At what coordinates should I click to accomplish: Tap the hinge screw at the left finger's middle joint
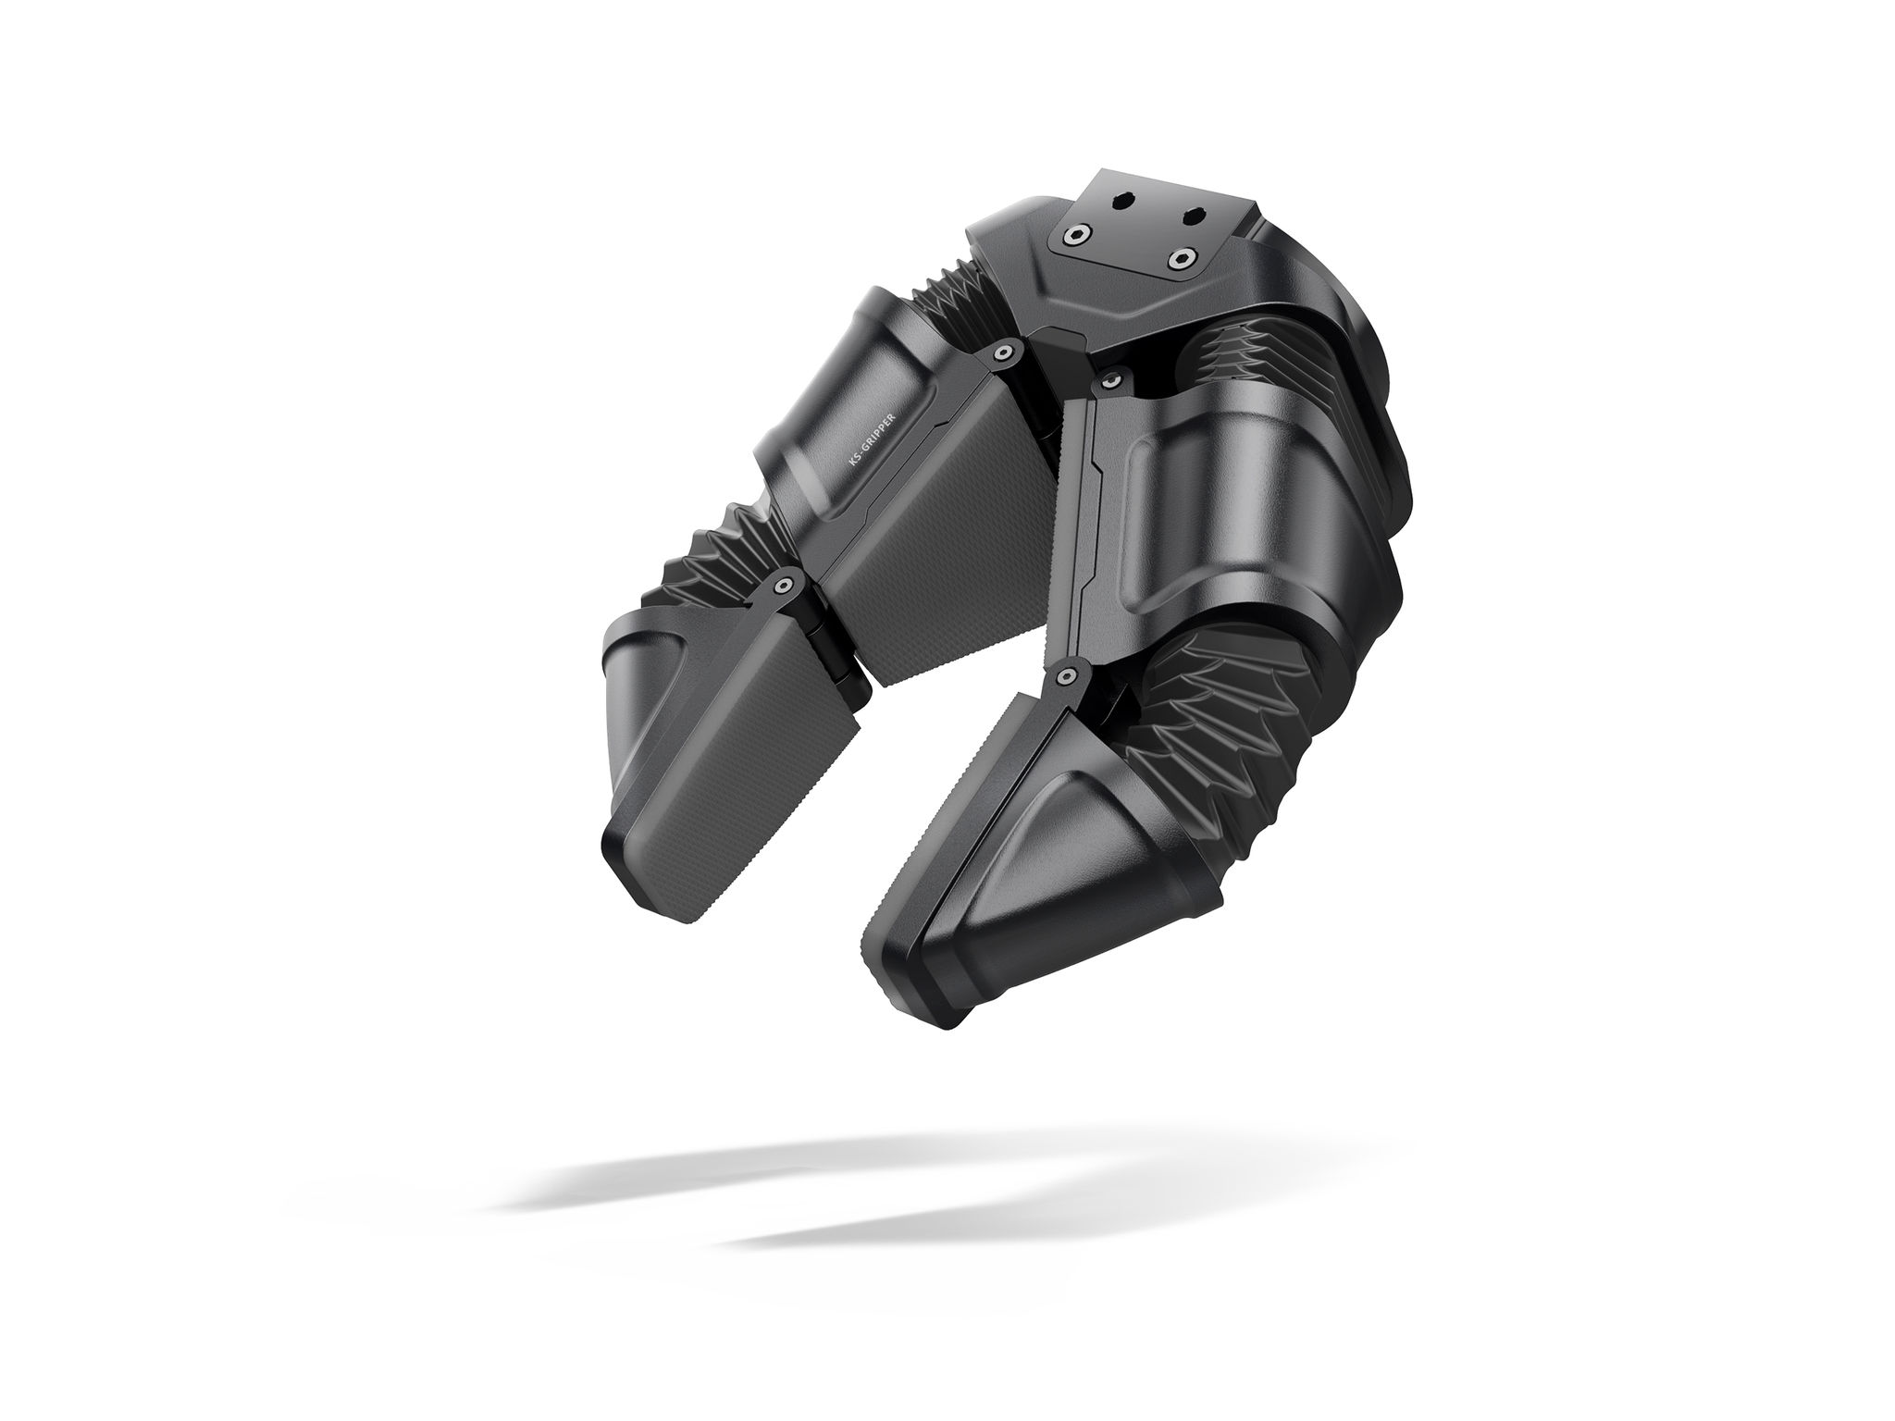[785, 586]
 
